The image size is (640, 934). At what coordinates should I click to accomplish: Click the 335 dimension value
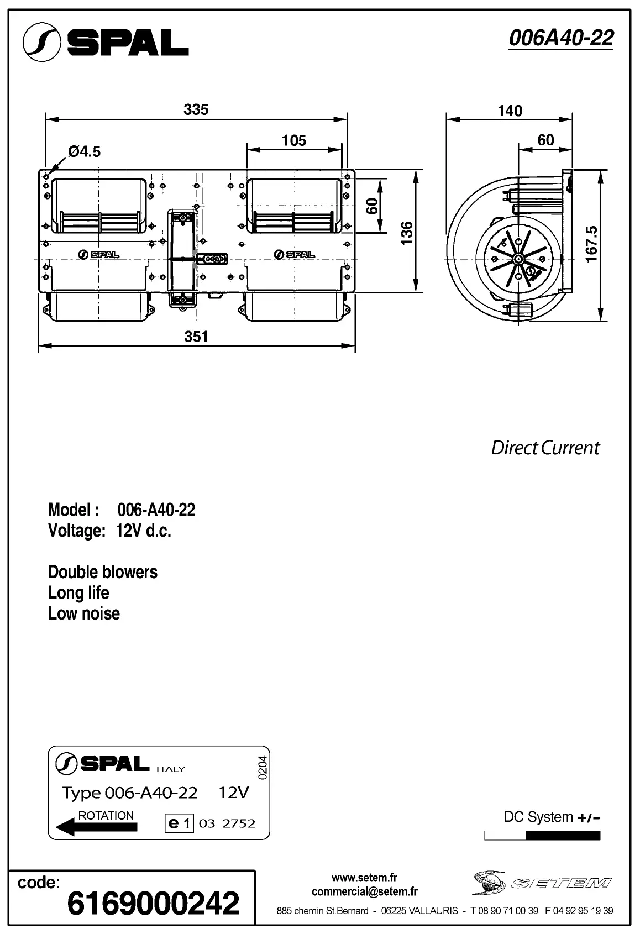pyautogui.click(x=196, y=109)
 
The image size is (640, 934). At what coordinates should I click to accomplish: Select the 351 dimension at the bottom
pyautogui.click(x=196, y=337)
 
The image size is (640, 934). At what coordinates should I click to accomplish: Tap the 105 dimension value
pyautogui.click(x=294, y=140)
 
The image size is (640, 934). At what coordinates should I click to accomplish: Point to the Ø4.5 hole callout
pyautogui.click(x=84, y=151)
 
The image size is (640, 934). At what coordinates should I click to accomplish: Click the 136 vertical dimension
pyautogui.click(x=407, y=233)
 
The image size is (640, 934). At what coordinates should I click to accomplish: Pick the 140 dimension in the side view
pyautogui.click(x=510, y=111)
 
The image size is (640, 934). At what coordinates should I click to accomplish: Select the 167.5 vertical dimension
pyautogui.click(x=592, y=244)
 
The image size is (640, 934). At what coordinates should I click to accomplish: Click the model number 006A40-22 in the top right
pyautogui.click(x=560, y=38)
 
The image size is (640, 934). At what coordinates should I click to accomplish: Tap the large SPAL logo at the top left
pyautogui.click(x=106, y=42)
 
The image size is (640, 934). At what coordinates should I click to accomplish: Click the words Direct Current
pyautogui.click(x=545, y=448)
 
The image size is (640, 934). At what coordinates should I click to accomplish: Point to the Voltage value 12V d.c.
pyautogui.click(x=144, y=531)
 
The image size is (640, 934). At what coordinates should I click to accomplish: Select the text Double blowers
pyautogui.click(x=103, y=572)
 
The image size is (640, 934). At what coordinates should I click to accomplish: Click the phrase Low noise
pyautogui.click(x=84, y=613)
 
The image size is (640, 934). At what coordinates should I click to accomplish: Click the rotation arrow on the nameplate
pyautogui.click(x=97, y=827)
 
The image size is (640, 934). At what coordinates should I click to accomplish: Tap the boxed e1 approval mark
pyautogui.click(x=179, y=823)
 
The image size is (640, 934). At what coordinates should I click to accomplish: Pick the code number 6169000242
pyautogui.click(x=153, y=903)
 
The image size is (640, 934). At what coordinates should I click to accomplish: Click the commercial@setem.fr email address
pyautogui.click(x=365, y=891)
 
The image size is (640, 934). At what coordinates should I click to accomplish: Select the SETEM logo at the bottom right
pyautogui.click(x=542, y=883)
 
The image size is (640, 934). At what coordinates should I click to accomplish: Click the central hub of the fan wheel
pyautogui.click(x=518, y=259)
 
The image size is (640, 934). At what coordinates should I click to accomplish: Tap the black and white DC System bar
pyautogui.click(x=542, y=836)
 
